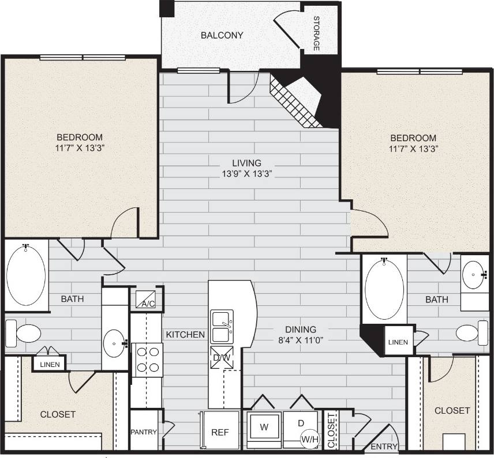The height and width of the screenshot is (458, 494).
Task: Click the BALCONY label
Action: (222, 35)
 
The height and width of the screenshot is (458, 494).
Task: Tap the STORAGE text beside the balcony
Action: (316, 33)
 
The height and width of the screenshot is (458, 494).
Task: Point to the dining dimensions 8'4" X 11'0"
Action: (299, 339)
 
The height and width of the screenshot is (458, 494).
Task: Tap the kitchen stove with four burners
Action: (147, 359)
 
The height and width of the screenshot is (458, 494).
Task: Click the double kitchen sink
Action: (222, 327)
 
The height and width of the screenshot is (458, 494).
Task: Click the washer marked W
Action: (264, 428)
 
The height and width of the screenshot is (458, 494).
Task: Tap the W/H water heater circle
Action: (309, 440)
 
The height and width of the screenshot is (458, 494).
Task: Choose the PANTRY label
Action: (143, 431)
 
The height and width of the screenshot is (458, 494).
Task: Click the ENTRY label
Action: (384, 446)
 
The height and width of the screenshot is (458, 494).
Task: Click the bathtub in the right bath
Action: (384, 289)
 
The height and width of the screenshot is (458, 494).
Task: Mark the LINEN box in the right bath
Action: (398, 342)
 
